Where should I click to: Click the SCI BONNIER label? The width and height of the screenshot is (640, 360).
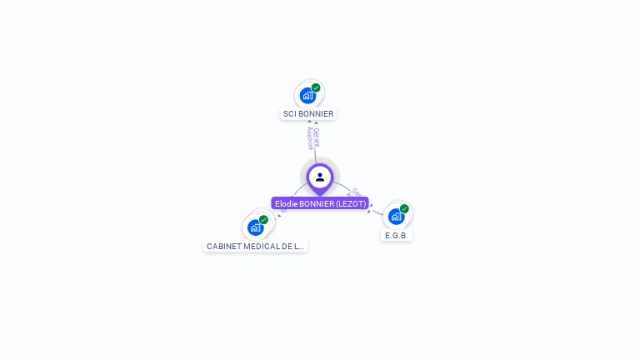pyautogui.click(x=308, y=114)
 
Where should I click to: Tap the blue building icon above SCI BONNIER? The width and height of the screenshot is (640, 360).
pyautogui.click(x=307, y=96)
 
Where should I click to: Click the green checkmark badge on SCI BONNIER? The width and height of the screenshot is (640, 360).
pyautogui.click(x=316, y=87)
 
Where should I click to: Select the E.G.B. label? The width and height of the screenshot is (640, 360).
pyautogui.click(x=397, y=236)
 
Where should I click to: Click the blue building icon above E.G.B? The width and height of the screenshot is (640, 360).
pyautogui.click(x=396, y=217)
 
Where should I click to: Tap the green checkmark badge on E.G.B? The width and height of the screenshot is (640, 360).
pyautogui.click(x=404, y=209)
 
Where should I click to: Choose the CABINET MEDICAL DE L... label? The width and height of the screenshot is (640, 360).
pyautogui.click(x=256, y=247)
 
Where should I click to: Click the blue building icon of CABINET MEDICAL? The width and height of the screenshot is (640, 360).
pyautogui.click(x=255, y=227)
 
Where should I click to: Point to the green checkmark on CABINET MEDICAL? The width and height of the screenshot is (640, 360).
pyautogui.click(x=263, y=220)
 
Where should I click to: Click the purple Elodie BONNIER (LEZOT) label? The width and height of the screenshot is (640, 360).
pyautogui.click(x=320, y=203)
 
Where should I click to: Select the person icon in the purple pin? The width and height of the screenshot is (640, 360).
pyautogui.click(x=320, y=177)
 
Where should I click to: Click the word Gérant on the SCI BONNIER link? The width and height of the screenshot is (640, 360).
pyautogui.click(x=317, y=135)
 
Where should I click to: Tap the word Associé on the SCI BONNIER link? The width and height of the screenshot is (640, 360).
pyautogui.click(x=310, y=138)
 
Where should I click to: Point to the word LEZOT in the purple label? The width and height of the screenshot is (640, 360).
pyautogui.click(x=350, y=203)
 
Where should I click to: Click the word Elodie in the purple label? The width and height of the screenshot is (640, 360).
pyautogui.click(x=286, y=203)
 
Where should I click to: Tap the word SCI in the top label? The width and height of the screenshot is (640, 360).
pyautogui.click(x=289, y=114)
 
